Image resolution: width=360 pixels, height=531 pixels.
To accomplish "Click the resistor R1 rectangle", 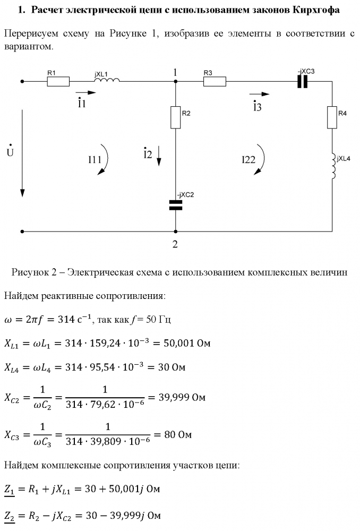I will pyautogui.click(x=58, y=82).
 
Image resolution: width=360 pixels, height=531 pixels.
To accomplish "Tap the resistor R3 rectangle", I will pyautogui.click(x=215, y=82).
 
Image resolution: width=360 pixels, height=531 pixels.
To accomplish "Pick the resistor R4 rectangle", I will pyautogui.click(x=332, y=117).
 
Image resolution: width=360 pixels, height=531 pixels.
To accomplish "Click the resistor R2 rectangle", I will pyautogui.click(x=175, y=117).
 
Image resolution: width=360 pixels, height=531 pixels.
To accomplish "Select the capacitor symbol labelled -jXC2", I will pyautogui.click(x=175, y=205).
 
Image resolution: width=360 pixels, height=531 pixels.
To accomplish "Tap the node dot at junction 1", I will pyautogui.click(x=175, y=82).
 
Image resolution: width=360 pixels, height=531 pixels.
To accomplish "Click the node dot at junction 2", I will pyautogui.click(x=175, y=232).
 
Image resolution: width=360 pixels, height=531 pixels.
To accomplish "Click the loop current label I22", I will pyautogui.click(x=249, y=159).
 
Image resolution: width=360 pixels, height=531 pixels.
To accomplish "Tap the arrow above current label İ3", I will pyautogui.click(x=260, y=94).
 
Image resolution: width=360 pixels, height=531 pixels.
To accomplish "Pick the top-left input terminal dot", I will pyautogui.click(x=22, y=82).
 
